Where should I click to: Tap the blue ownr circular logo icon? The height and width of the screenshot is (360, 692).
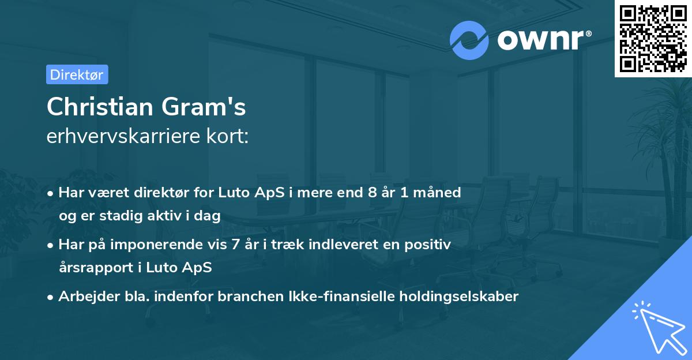[x=469, y=40]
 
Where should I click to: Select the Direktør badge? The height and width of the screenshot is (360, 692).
[x=77, y=74]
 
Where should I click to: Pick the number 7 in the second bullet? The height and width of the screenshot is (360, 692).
[x=235, y=245]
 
